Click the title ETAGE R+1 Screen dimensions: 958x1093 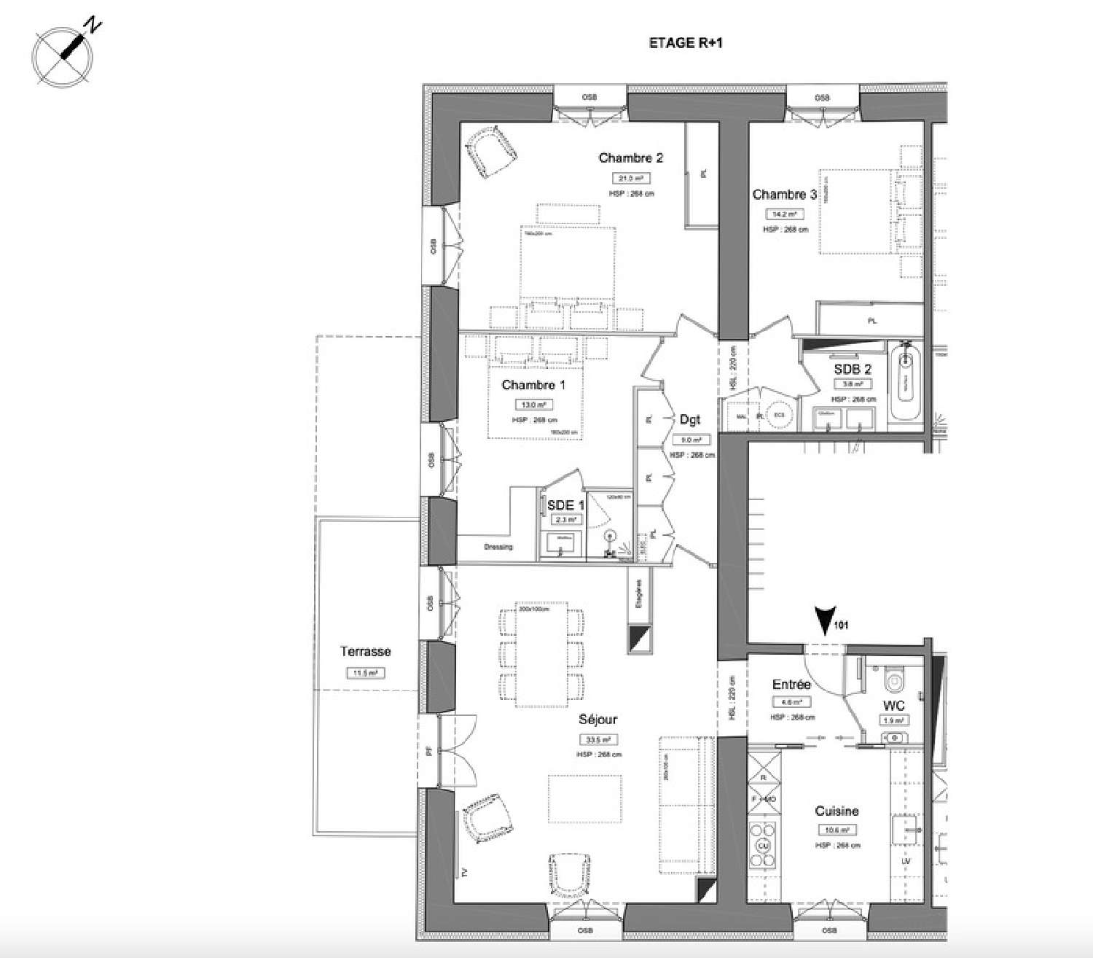(686, 44)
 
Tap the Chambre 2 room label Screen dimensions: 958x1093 (630, 158)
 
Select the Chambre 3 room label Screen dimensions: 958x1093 (784, 195)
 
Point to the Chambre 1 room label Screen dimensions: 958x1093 (533, 384)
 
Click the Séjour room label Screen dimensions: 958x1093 (598, 719)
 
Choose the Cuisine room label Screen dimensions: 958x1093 (837, 811)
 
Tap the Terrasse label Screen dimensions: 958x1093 (365, 652)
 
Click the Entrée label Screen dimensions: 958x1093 (791, 685)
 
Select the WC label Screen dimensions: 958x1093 (893, 705)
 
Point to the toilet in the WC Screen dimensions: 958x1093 (893, 679)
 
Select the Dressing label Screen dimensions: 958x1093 (498, 547)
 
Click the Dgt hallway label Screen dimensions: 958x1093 (689, 419)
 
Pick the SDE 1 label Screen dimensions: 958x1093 (566, 505)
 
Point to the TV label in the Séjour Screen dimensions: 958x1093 (463, 871)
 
